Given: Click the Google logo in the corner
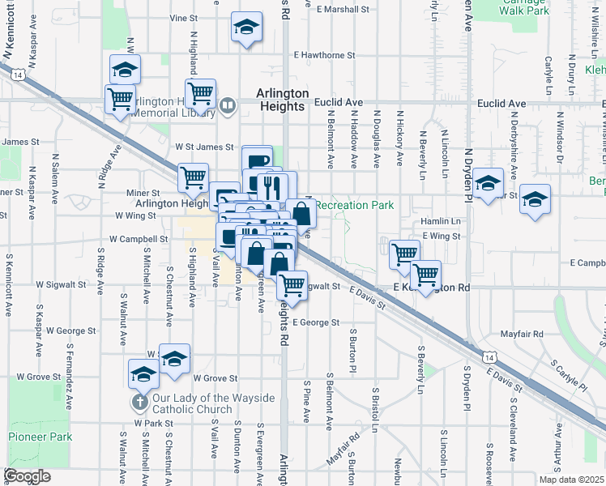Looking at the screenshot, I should coord(28,476).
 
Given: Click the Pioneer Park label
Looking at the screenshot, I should coord(36,437).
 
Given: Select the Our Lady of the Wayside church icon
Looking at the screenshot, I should coord(139,402).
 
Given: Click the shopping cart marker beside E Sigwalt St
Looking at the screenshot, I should coord(292,285).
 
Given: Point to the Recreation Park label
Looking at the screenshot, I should coord(354,205).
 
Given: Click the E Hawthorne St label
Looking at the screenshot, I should coord(325,55).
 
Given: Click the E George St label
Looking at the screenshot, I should coord(316,322).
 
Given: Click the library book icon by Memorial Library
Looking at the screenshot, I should coord(228,105).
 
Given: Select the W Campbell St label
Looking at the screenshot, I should coord(140,240).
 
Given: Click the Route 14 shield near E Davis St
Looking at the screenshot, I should coord(488,356).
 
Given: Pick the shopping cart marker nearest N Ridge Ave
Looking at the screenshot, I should coord(121,100).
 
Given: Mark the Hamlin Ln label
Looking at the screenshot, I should coord(441,221).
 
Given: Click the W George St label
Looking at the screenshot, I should coord(71,330).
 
